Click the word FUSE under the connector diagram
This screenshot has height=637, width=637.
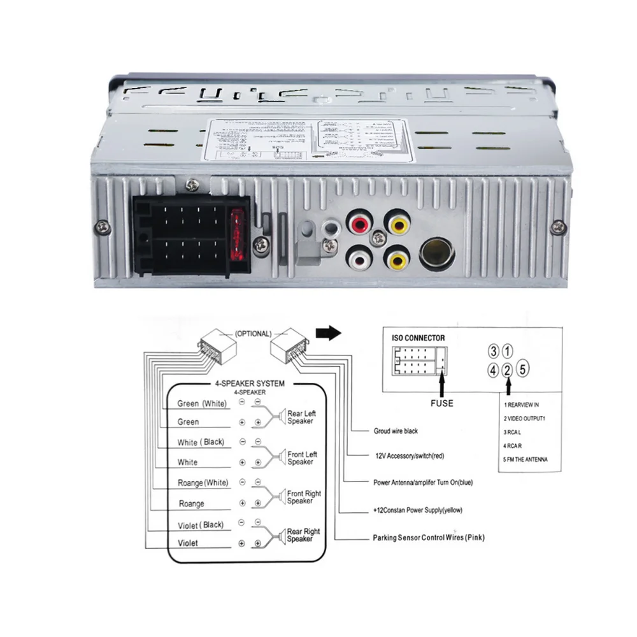tap(441, 403)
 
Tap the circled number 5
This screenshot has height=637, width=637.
tap(522, 368)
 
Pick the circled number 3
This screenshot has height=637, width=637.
tap(493, 350)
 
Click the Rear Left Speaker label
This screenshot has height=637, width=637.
tap(301, 417)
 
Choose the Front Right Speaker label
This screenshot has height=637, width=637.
tap(304, 497)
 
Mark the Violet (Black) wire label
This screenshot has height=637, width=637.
tap(201, 524)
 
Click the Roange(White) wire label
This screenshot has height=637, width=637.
tap(203, 483)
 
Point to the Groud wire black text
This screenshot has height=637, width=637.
tap(396, 431)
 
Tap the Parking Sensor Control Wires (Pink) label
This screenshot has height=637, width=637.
tap(429, 538)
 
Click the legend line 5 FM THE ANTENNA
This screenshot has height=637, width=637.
tap(525, 459)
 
